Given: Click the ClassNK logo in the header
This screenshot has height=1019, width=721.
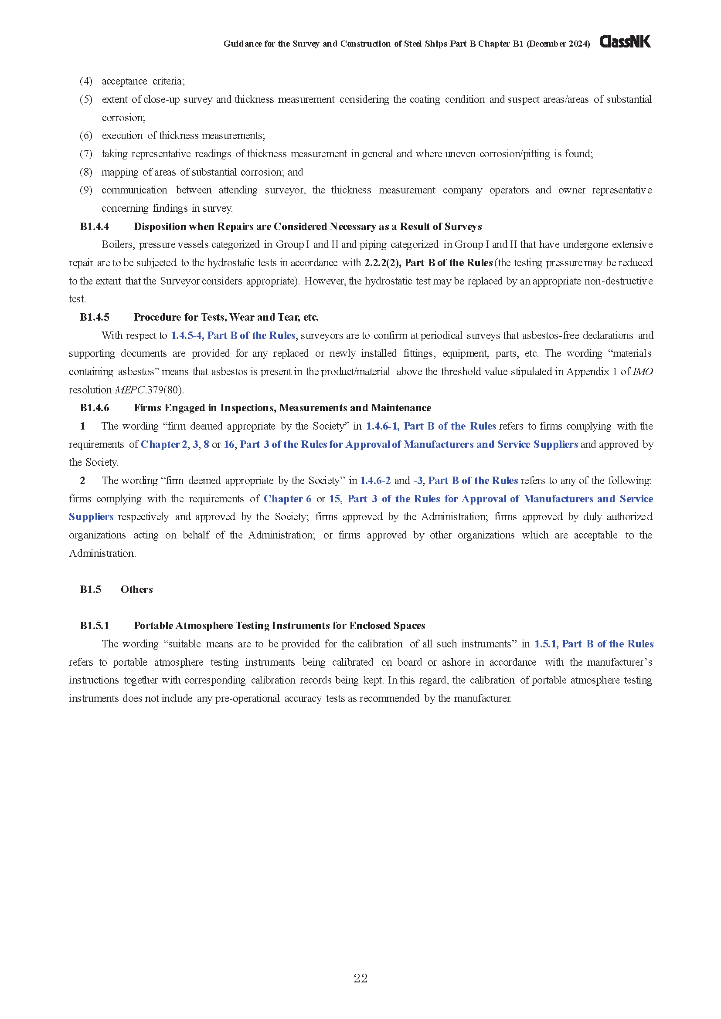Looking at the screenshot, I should (x=625, y=42).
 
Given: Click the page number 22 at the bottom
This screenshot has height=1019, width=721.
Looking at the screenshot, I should (x=360, y=978).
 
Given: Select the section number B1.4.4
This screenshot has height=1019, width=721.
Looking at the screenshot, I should (x=95, y=227).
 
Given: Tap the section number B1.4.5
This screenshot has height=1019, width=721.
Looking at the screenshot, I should (x=95, y=317).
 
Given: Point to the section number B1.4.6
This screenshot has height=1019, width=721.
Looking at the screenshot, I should (x=95, y=408).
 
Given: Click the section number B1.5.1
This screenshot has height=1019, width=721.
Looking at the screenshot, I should (x=95, y=626).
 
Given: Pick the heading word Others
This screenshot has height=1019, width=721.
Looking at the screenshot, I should (x=137, y=589).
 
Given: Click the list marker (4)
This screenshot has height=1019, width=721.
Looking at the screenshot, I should (x=86, y=81).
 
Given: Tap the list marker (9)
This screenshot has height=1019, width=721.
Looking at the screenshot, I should (x=86, y=190).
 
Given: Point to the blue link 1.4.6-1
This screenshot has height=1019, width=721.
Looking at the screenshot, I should (x=382, y=426).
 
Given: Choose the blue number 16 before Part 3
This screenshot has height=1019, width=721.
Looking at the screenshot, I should (x=229, y=444).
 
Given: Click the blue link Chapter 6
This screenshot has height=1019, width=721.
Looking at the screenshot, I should (x=288, y=499).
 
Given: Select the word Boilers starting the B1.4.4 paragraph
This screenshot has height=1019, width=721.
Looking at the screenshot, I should (x=118, y=244).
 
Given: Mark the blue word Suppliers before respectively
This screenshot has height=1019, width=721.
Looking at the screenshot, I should (x=91, y=517).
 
